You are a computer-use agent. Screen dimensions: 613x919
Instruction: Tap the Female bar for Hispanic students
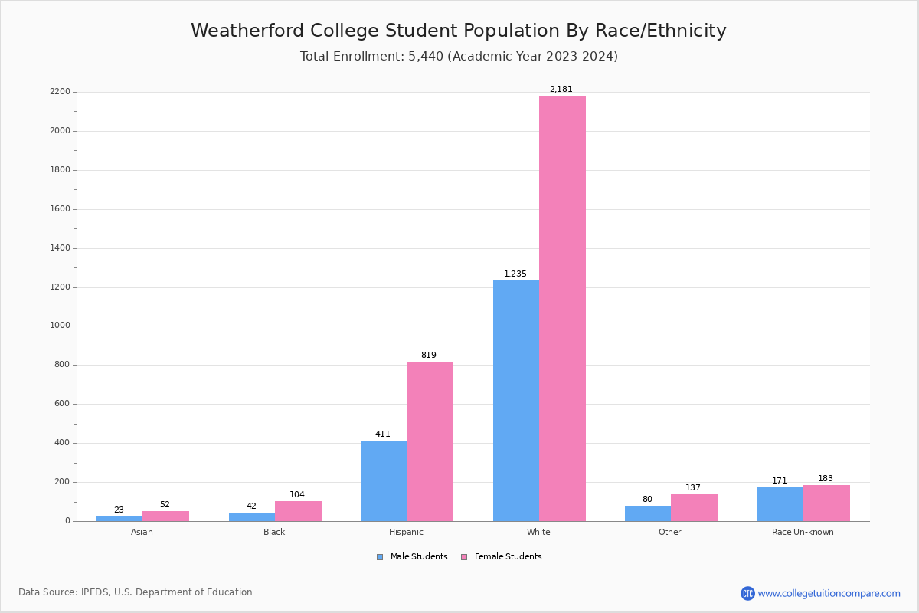click(430, 441)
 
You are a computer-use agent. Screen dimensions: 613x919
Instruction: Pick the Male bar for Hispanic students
click(384, 480)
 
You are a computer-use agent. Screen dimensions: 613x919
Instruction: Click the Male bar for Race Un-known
click(780, 504)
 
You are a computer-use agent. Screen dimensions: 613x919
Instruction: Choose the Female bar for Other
click(694, 507)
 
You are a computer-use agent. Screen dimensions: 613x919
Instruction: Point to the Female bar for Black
click(298, 511)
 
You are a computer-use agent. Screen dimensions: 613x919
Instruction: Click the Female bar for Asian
click(165, 516)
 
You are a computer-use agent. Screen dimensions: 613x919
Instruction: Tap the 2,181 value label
click(561, 90)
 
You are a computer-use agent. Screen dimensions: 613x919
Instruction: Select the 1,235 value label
click(515, 274)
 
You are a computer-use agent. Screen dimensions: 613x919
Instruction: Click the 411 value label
click(382, 434)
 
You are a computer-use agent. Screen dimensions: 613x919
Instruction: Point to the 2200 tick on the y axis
click(60, 92)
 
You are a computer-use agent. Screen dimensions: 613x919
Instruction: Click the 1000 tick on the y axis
click(60, 326)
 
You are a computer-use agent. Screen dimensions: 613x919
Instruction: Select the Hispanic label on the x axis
click(406, 532)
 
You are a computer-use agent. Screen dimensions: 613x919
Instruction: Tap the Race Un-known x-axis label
click(803, 532)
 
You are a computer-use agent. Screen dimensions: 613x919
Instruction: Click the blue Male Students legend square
click(380, 557)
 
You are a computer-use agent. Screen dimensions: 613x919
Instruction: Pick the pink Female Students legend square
click(464, 557)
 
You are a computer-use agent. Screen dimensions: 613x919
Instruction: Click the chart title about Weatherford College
click(459, 31)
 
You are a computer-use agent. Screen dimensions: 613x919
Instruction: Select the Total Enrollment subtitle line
click(459, 57)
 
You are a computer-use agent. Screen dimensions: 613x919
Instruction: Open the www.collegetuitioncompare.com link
click(829, 593)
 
